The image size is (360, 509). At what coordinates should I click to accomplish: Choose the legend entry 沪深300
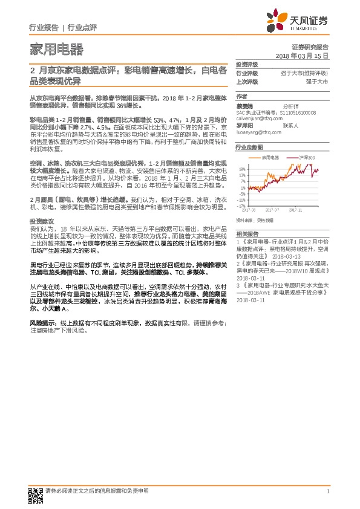point(307,157)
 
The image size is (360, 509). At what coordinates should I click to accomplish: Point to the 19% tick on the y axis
point(241,169)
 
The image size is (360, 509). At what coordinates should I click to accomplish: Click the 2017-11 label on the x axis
point(296,210)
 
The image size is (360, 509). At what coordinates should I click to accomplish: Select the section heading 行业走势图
point(249,147)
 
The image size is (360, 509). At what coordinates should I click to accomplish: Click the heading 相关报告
point(246,233)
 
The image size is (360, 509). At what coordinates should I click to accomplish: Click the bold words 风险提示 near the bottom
point(42,323)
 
